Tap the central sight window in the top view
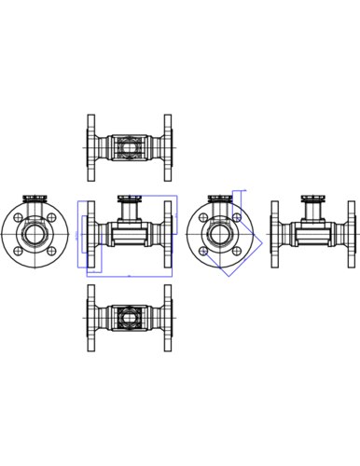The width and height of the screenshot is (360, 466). click(130, 146)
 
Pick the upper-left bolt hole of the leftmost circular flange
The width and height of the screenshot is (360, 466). click(21, 215)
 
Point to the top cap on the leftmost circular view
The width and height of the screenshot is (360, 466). click(37, 199)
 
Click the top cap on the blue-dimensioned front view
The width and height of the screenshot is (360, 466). click(130, 199)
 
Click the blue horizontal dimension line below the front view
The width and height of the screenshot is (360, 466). click(130, 277)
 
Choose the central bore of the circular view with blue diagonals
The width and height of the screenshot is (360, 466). click(221, 232)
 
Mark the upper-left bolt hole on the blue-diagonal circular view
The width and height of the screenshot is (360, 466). click(205, 216)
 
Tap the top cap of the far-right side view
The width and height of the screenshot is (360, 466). click(312, 199)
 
